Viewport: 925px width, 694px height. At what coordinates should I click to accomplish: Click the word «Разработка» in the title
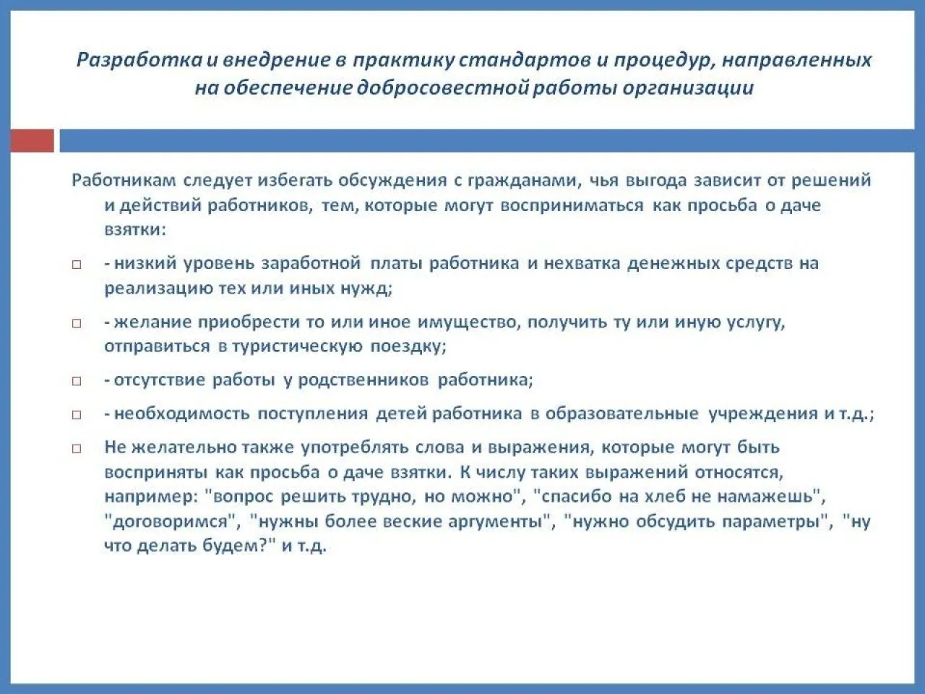[139, 61]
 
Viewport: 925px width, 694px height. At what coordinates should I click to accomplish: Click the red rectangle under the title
[32, 141]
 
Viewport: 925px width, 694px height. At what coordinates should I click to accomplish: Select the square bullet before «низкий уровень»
[77, 265]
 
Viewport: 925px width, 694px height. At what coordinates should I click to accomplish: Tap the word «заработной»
[311, 264]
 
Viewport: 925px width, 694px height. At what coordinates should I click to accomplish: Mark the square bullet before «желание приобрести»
[77, 323]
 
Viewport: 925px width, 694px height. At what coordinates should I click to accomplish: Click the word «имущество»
[468, 322]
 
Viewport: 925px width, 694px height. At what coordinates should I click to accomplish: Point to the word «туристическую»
[297, 347]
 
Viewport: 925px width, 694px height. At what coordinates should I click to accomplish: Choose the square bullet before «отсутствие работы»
[77, 382]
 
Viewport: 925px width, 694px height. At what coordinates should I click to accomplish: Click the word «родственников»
[363, 380]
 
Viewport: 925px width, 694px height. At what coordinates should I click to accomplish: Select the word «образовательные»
[622, 414]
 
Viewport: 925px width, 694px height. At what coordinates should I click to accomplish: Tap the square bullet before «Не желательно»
[77, 448]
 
